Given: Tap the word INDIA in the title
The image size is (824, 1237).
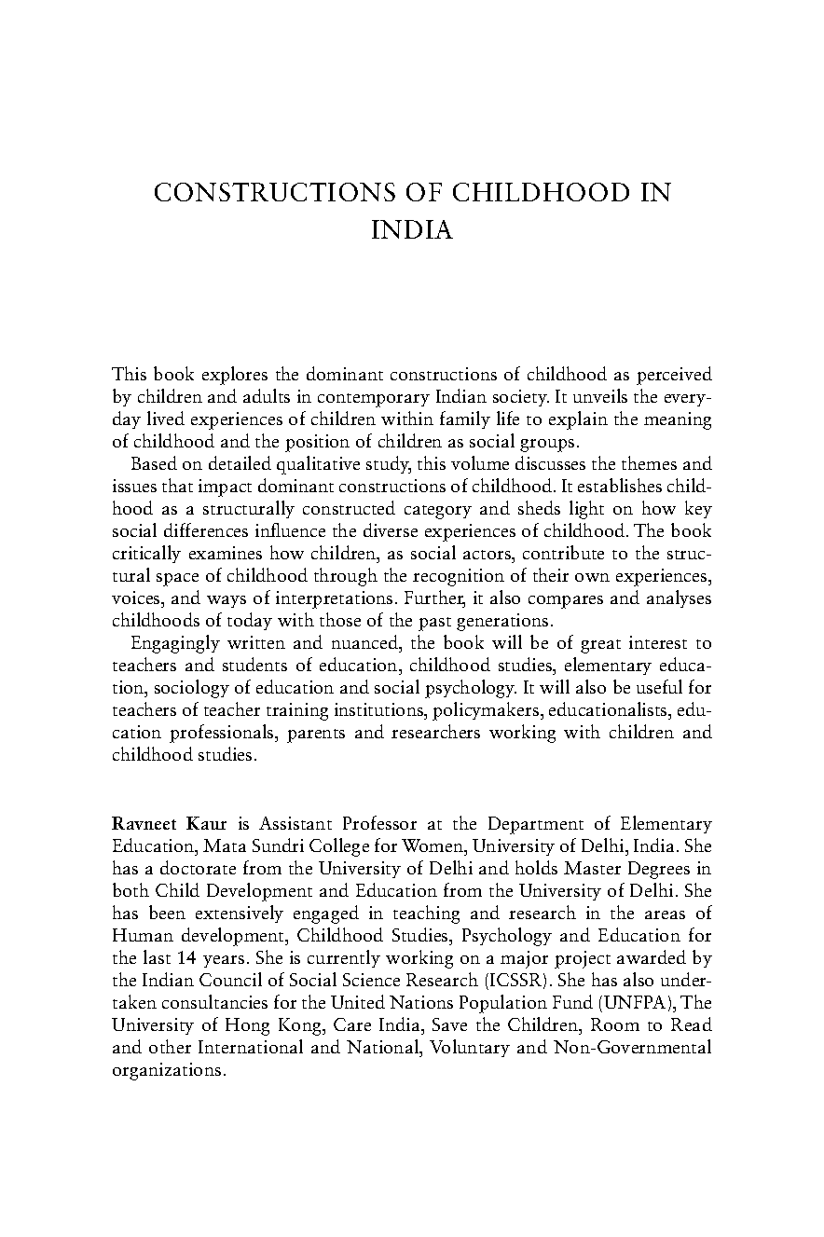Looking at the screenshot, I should (x=412, y=230).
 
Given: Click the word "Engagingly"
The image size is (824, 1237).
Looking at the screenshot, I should (x=175, y=642).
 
